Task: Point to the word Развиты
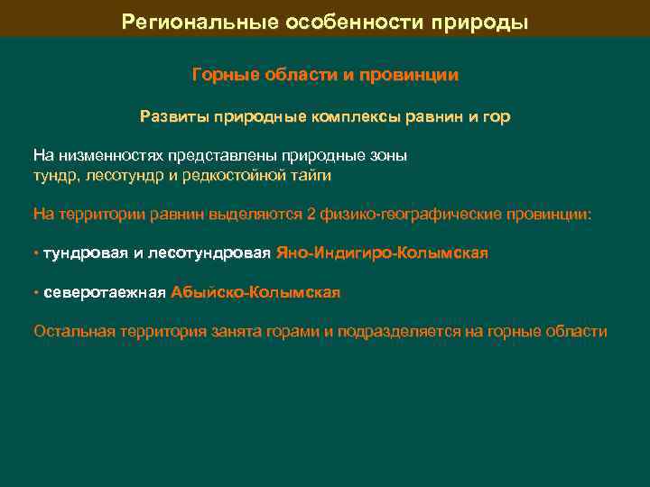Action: (x=170, y=116)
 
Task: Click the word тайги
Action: (x=311, y=175)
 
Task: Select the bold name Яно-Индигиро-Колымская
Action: (x=382, y=253)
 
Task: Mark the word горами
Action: (x=292, y=331)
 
